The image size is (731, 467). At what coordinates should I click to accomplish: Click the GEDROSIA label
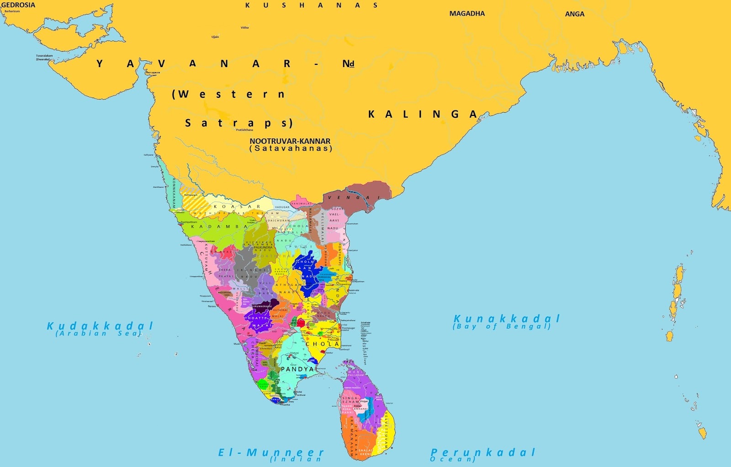18,5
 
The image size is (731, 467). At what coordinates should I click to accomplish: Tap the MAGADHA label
467,14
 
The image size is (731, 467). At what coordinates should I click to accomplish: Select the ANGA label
574,14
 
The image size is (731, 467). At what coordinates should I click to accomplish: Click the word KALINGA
423,114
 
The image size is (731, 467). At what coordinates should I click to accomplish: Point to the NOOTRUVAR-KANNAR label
290,141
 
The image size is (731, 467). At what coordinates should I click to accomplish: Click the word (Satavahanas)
291,148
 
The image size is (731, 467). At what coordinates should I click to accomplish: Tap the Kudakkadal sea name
100,326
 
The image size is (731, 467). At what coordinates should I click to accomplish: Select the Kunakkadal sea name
506,319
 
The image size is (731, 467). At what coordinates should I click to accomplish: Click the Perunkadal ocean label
483,452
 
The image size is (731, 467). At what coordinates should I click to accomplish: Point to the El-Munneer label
271,452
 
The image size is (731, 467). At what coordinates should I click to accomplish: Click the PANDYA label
297,369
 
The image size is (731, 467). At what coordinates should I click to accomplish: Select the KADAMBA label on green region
219,226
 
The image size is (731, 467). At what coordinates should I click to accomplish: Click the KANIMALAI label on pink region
302,203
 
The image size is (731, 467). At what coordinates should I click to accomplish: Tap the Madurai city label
295,353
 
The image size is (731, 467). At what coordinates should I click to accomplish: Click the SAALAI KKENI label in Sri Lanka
365,452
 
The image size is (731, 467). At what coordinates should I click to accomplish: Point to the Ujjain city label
215,37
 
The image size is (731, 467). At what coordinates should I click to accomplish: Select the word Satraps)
238,123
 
